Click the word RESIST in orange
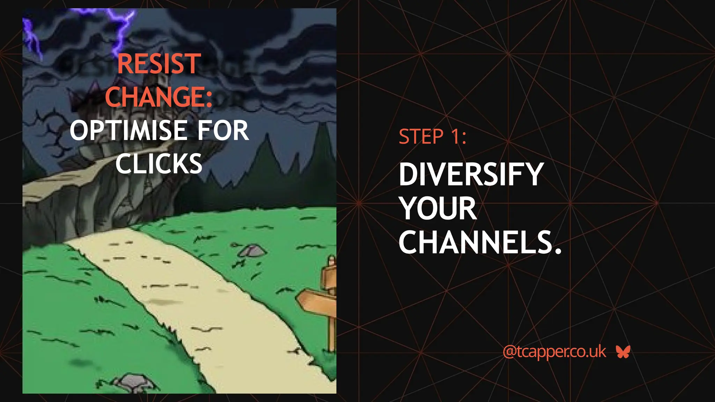pos(159,64)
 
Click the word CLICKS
pos(159,163)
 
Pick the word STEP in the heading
pos(421,136)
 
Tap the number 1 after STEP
pos(456,136)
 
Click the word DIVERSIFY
pos(471,174)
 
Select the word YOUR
pos(438,208)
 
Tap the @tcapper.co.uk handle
pos(554,352)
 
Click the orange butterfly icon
pos(623,352)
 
